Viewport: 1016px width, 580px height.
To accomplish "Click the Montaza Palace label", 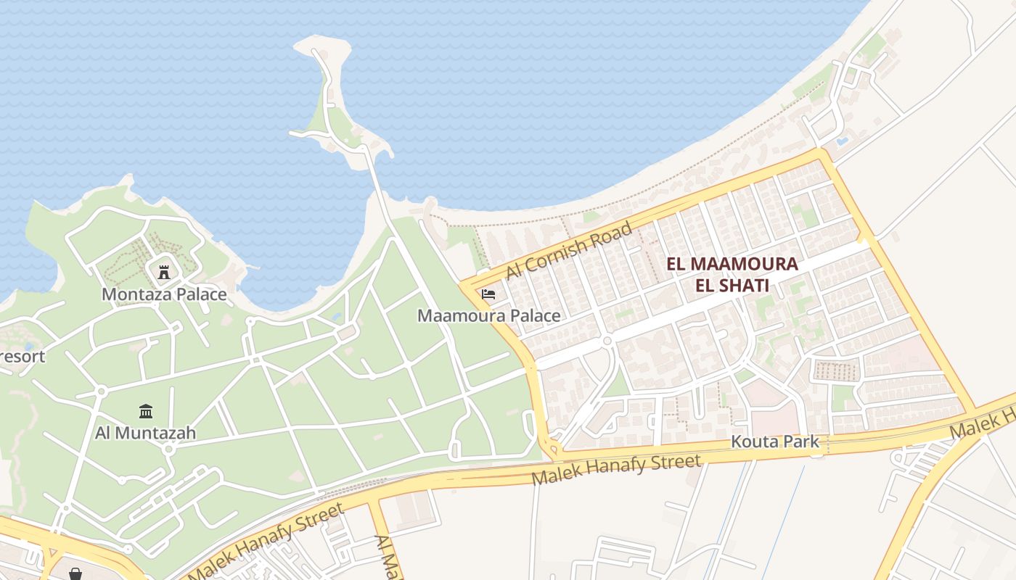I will pyautogui.click(x=164, y=294).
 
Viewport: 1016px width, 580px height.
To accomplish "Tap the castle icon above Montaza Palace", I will pyautogui.click(x=164, y=273).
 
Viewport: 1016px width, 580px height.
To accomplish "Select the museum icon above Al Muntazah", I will pyautogui.click(x=146, y=411).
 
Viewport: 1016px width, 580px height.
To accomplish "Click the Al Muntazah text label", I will pyautogui.click(x=146, y=433).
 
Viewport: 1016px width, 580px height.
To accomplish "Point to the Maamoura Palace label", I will pyautogui.click(x=488, y=315).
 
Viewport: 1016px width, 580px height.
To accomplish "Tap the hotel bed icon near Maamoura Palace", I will pyautogui.click(x=488, y=294).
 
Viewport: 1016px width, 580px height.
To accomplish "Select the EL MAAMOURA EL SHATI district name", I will pyautogui.click(x=732, y=274).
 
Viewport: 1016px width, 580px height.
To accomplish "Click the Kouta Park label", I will pyautogui.click(x=774, y=441).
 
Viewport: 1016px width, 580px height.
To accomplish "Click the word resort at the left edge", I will pyautogui.click(x=22, y=356).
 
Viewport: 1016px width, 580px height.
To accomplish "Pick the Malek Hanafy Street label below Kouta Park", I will pyautogui.click(x=616, y=469).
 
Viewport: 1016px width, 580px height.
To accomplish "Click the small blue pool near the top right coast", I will pyautogui.click(x=842, y=141).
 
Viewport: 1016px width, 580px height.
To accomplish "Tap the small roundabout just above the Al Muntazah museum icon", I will pyautogui.click(x=101, y=391).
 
